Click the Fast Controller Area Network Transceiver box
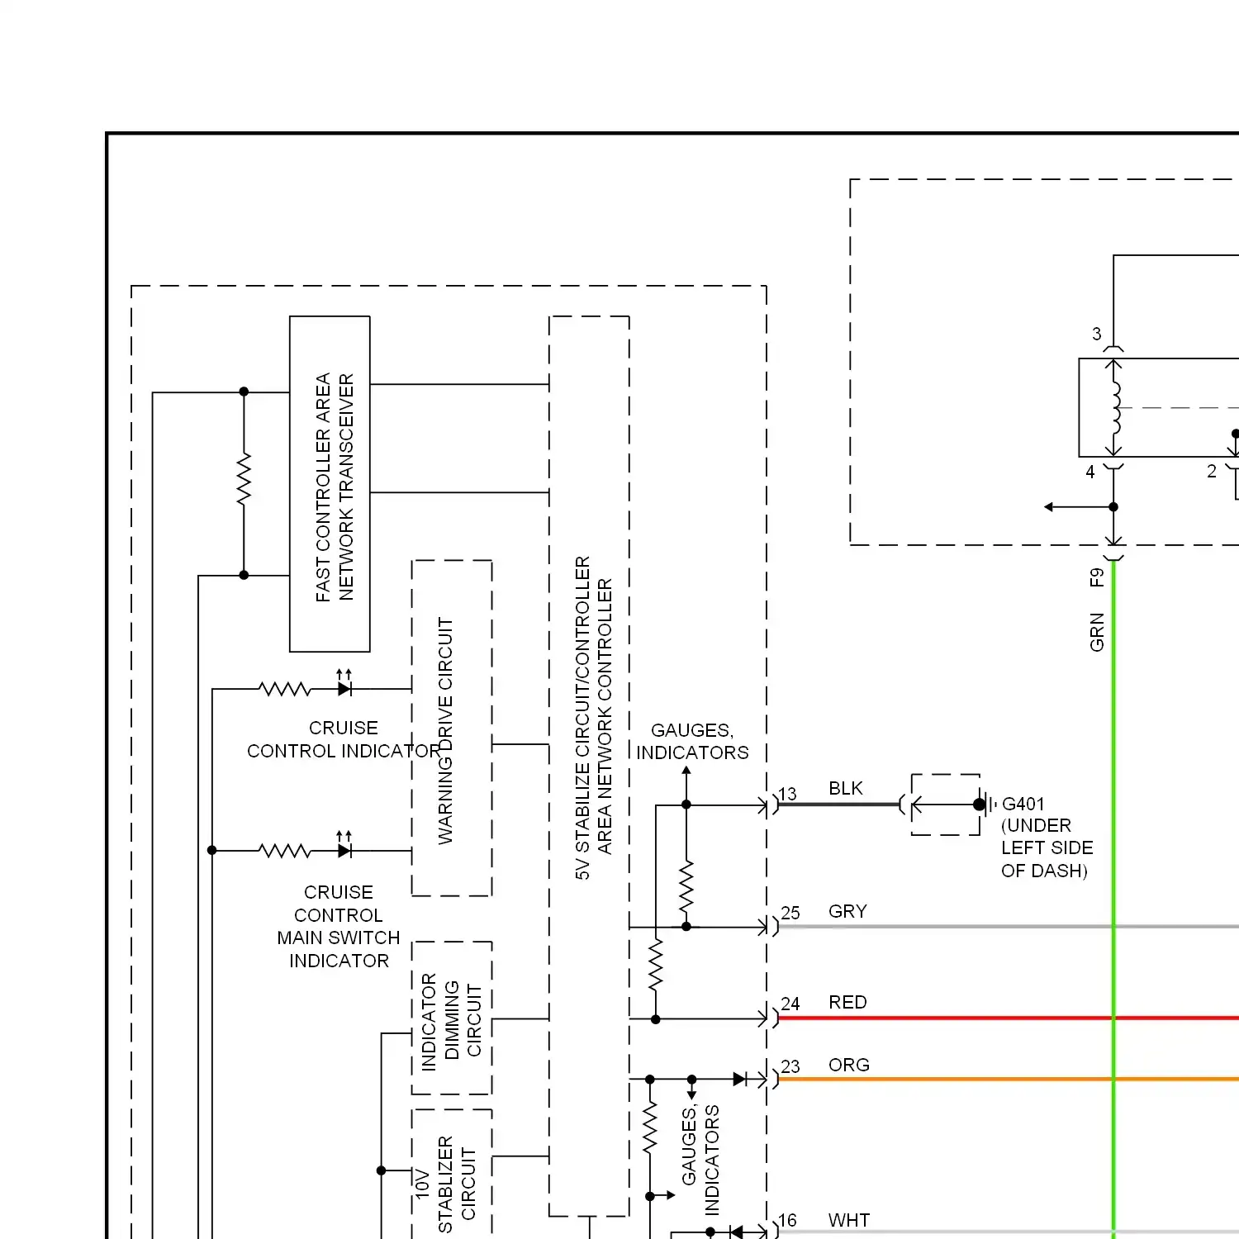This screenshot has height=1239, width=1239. [330, 484]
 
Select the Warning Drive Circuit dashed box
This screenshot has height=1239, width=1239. [452, 729]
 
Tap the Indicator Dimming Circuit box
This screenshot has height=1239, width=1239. [452, 1018]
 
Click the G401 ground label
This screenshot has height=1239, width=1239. [1023, 804]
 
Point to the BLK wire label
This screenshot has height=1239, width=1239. [846, 789]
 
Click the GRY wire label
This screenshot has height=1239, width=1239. [847, 912]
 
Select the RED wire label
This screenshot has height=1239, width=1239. [847, 1003]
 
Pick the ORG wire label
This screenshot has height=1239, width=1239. [848, 1066]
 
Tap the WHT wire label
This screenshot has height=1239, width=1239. [848, 1221]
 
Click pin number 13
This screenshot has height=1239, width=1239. [788, 794]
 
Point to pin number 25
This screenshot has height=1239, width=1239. [790, 913]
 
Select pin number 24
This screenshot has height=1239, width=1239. [790, 1004]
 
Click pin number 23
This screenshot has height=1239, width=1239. [790, 1066]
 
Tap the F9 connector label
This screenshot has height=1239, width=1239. [1097, 577]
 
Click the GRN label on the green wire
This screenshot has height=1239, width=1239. [1097, 632]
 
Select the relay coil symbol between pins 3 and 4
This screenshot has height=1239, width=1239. [1115, 407]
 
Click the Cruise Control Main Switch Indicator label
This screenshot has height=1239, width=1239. [339, 927]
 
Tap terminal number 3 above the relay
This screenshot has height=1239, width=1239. [1097, 335]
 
